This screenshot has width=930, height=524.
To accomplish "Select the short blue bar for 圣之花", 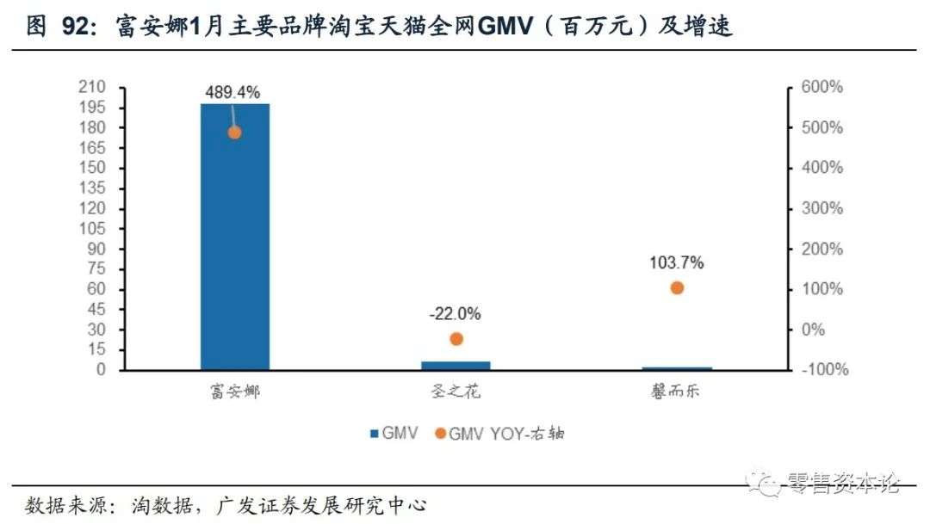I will pyautogui.click(x=456, y=366).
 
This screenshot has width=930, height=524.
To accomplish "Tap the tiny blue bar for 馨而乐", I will pyautogui.click(x=677, y=368).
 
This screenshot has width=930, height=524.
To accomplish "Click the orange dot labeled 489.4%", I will pyautogui.click(x=234, y=133).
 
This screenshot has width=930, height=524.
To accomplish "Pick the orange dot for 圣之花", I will pyautogui.click(x=456, y=339).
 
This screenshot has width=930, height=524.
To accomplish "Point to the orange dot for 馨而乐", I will pyautogui.click(x=677, y=288).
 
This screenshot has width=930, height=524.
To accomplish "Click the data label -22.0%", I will pyautogui.click(x=456, y=314).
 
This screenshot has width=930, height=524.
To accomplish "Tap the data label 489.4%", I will pyautogui.click(x=232, y=93).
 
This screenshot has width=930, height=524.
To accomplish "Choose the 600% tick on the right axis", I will pyautogui.click(x=823, y=87).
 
